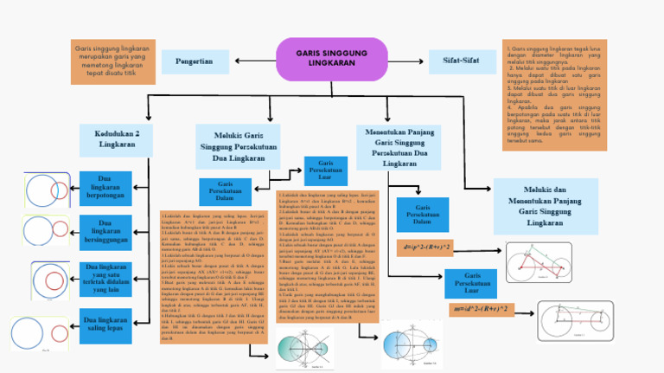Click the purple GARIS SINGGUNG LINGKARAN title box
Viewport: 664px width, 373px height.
click(x=331, y=59)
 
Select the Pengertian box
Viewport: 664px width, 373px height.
click(x=195, y=61)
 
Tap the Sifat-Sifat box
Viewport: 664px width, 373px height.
click(x=462, y=61)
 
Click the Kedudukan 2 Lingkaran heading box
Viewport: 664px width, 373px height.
click(x=117, y=138)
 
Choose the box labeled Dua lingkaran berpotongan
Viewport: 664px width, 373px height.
click(x=105, y=189)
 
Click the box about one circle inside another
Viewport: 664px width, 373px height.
click(x=105, y=279)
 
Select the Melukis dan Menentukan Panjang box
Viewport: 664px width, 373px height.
click(x=545, y=206)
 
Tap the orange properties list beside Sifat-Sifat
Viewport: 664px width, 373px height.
click(x=554, y=95)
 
